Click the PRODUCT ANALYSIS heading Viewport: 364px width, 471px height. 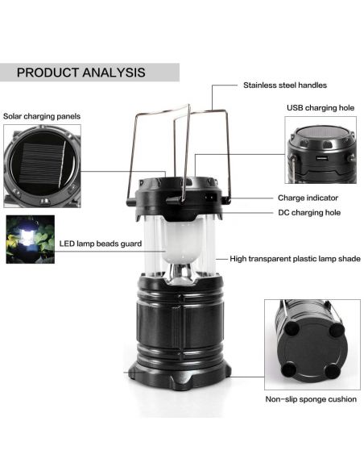pos(81,73)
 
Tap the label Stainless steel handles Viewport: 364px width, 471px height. pos(285,85)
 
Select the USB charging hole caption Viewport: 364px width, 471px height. pos(321,108)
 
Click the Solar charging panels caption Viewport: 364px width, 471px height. pos(42,116)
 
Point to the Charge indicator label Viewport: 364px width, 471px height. pos(308,198)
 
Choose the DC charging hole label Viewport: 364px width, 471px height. pos(309,213)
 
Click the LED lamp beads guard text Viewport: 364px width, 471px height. pos(101,244)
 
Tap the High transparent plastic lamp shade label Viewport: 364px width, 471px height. pos(295,259)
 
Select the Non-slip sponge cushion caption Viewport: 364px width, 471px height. pos(311,399)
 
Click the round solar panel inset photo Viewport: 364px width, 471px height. pos(42,166)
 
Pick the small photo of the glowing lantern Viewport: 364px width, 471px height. pos(31,240)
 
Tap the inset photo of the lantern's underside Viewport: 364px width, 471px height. pos(312,344)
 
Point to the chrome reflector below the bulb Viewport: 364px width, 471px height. pos(180,273)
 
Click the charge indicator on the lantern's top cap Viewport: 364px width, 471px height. pos(210,198)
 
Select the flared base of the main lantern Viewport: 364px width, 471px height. pos(180,376)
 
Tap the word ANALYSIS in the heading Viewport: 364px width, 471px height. pos(114,73)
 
